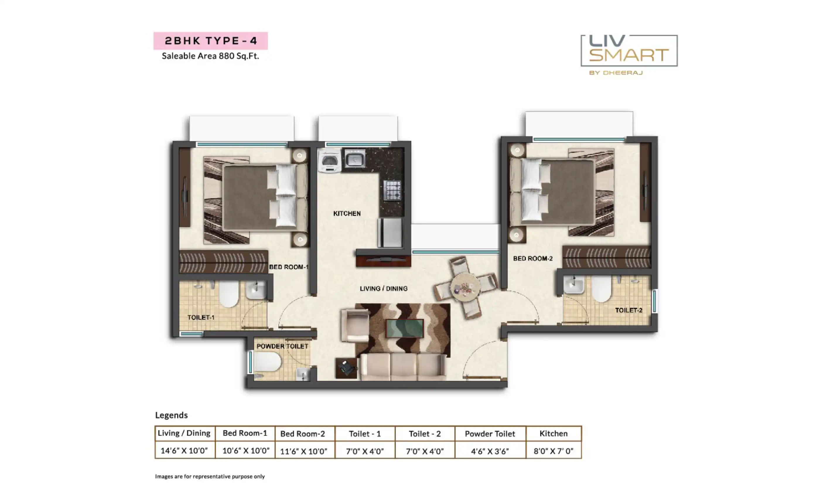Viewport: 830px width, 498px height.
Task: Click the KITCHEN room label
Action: click(x=347, y=214)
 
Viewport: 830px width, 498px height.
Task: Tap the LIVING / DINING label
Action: click(x=383, y=289)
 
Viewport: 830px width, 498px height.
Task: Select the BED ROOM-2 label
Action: click(x=533, y=258)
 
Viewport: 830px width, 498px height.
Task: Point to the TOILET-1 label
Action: click(x=201, y=318)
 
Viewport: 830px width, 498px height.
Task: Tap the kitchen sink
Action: click(x=355, y=159)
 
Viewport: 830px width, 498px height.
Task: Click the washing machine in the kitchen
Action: click(x=329, y=161)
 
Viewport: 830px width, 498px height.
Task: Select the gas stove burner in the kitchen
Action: click(x=392, y=190)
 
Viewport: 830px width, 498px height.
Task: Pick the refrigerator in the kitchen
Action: click(x=390, y=233)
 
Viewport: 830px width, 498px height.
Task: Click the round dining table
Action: click(x=465, y=288)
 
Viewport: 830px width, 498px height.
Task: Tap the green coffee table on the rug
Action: click(x=404, y=328)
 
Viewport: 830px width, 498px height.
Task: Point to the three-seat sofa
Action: click(x=403, y=367)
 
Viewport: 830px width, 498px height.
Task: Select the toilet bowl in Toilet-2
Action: click(x=601, y=289)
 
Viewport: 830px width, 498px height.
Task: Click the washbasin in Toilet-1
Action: click(x=256, y=290)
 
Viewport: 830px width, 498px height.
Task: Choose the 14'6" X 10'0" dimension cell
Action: click(x=184, y=450)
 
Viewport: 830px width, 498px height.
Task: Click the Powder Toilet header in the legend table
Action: click(x=490, y=434)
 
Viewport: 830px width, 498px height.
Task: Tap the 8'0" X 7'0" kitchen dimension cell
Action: click(x=553, y=451)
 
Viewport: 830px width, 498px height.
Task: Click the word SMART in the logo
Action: click(x=629, y=55)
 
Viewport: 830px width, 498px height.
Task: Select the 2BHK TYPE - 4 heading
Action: click(x=211, y=41)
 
